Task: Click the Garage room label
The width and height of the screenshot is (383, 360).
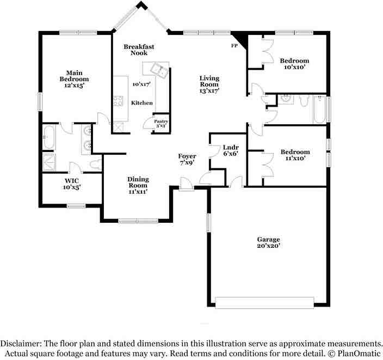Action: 269,242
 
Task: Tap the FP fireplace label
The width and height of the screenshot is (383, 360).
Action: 234,45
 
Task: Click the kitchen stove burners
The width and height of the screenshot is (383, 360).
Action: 118,101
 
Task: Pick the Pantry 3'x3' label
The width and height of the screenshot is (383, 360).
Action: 160,124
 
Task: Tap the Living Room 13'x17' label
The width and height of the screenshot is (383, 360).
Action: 209,84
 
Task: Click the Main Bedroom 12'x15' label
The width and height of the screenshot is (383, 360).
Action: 74,79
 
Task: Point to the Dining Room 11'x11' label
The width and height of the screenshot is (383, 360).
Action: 138,185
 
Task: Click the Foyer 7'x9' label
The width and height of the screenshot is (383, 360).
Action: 187,159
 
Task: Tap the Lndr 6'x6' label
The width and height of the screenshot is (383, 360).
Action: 228,151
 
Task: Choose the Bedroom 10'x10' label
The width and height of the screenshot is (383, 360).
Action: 294,64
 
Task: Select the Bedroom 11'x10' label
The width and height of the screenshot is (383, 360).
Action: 295,155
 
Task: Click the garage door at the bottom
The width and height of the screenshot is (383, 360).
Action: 264,302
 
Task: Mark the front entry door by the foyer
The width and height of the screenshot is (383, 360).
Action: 187,188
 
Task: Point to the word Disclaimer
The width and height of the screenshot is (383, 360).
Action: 20,344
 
